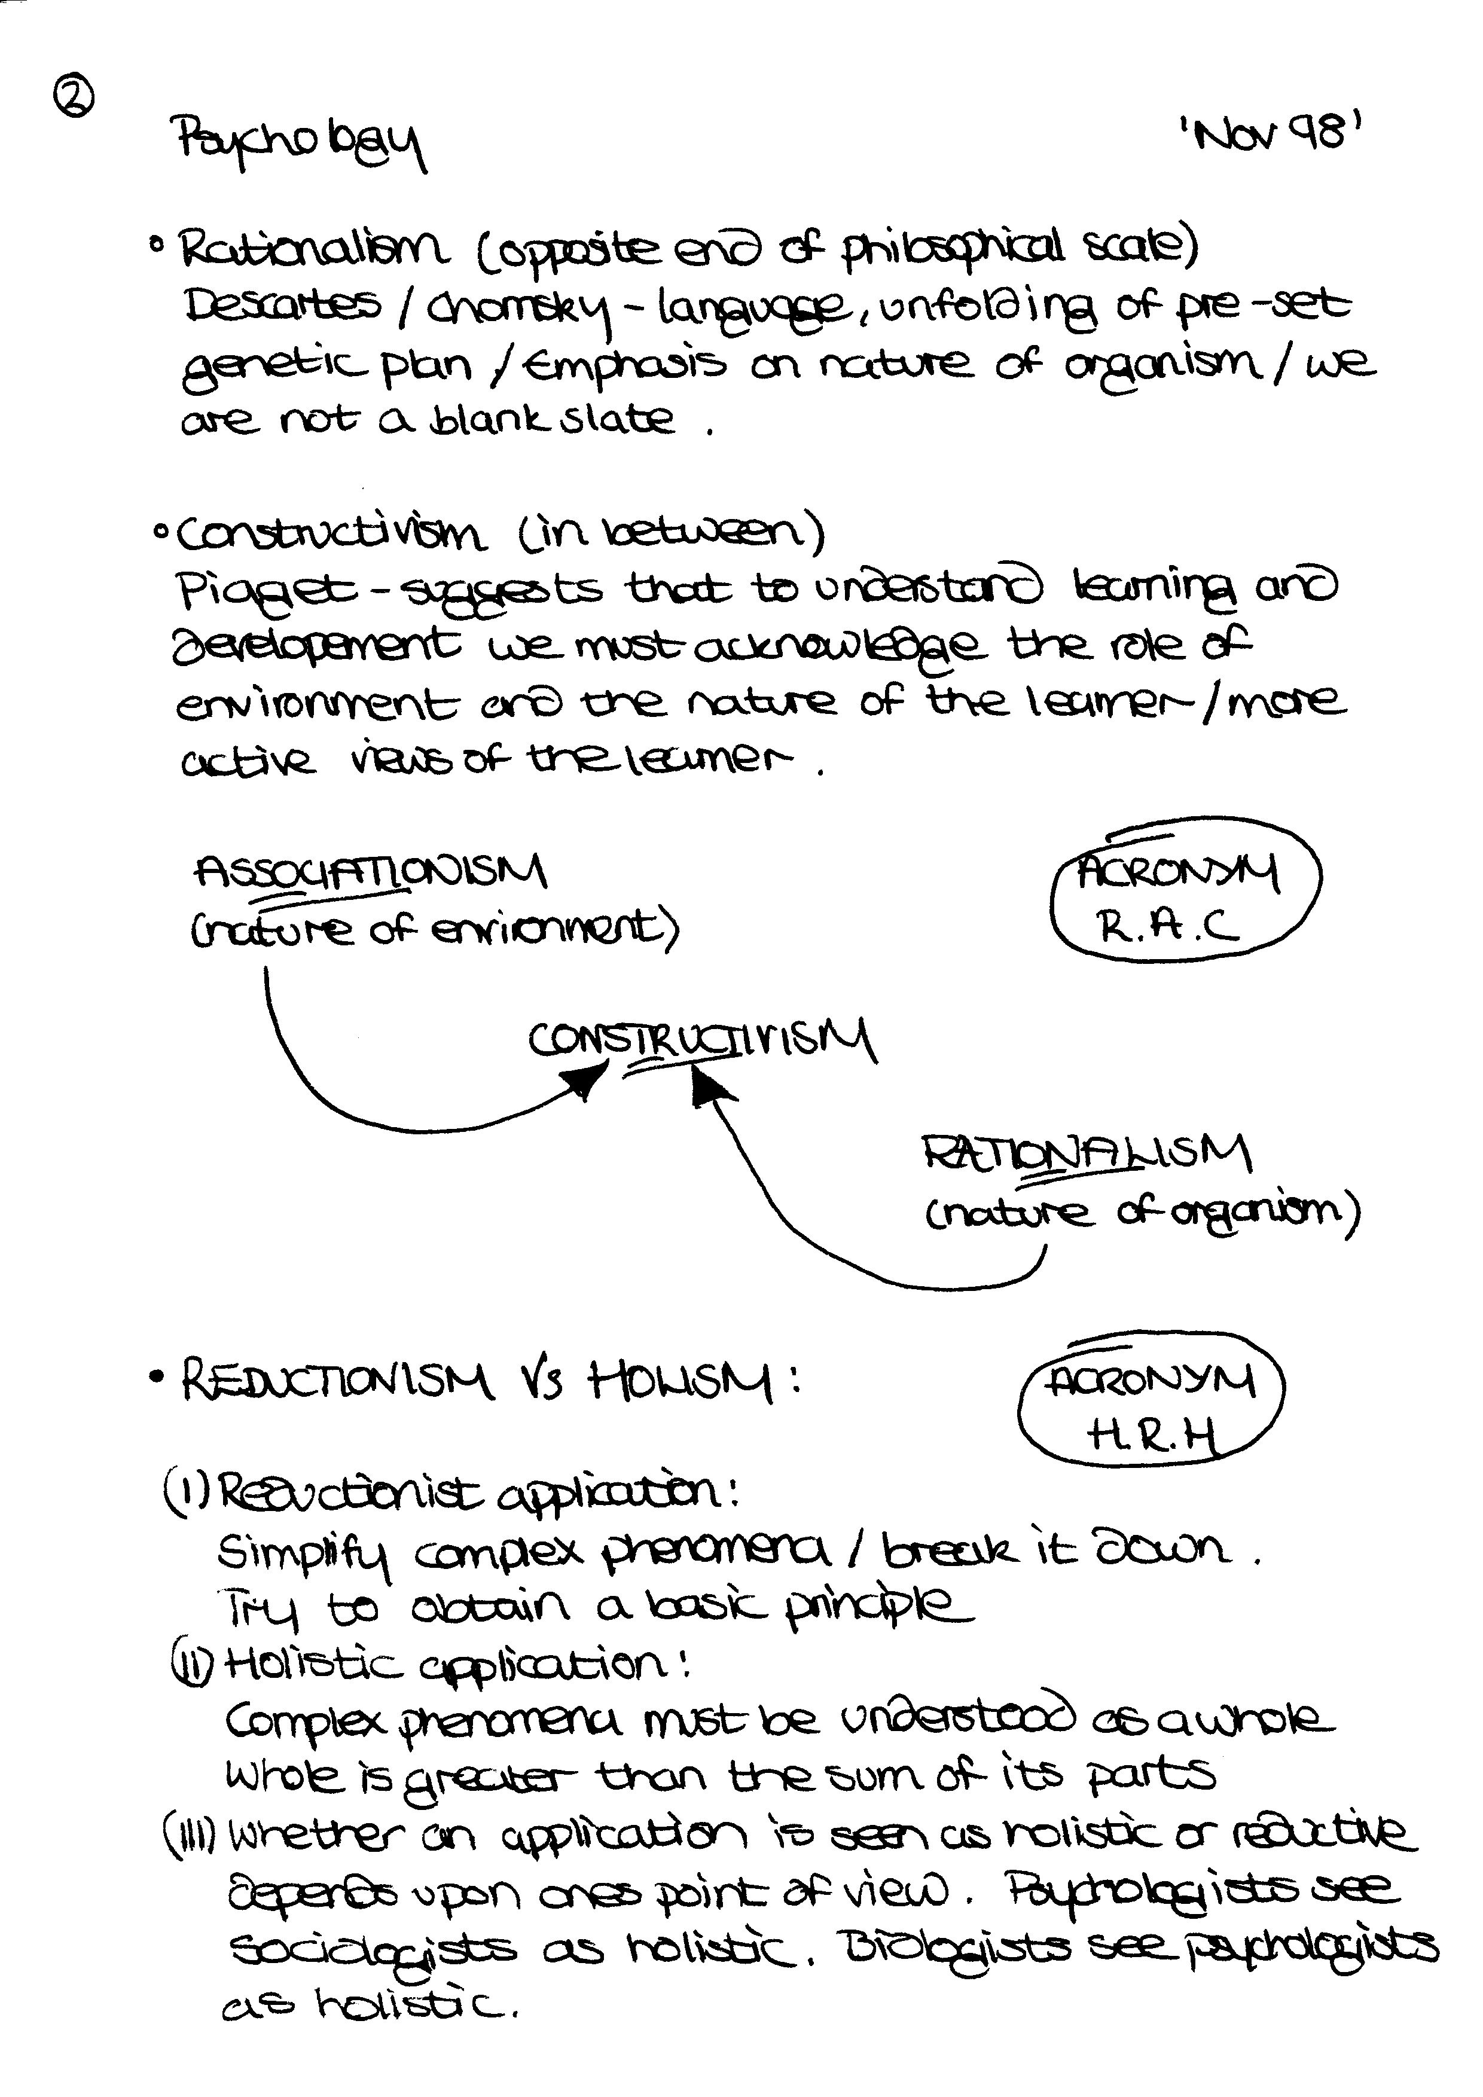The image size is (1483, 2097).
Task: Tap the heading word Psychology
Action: pos(300,142)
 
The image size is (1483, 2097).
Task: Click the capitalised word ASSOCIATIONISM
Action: pos(370,872)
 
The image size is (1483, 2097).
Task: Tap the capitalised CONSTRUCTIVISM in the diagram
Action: pos(701,1042)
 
